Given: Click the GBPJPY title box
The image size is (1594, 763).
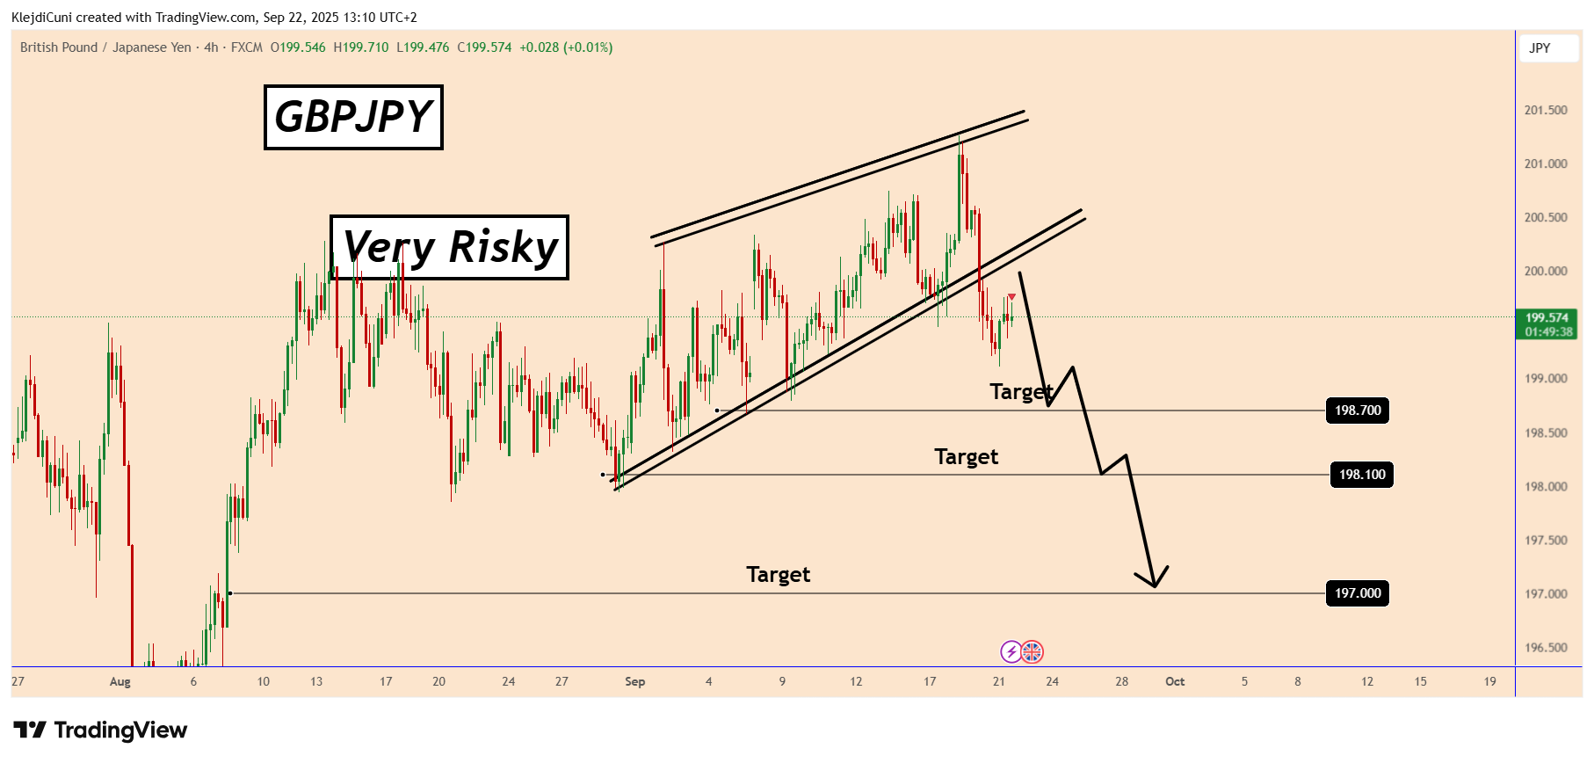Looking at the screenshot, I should (x=353, y=117).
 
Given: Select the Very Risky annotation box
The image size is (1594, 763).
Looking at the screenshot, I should (x=449, y=247).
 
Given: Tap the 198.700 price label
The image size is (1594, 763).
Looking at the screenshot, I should (x=1357, y=411).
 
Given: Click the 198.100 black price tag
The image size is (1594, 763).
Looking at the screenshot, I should (x=1361, y=475).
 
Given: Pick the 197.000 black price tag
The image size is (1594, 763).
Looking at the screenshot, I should (x=1357, y=593).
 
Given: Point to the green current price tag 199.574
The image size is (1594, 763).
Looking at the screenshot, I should (x=1547, y=324).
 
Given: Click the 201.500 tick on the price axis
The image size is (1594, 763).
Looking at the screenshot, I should (x=1546, y=110).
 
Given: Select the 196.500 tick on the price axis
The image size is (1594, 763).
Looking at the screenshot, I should (x=1546, y=648).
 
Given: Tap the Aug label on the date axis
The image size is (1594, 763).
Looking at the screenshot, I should (x=120, y=682).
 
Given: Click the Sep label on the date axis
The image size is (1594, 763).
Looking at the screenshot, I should (x=634, y=682).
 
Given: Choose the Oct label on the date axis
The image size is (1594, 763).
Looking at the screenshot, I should (x=1175, y=682).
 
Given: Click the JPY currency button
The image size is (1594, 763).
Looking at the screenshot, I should (x=1540, y=48).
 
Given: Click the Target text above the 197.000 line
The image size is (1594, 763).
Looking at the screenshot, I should (x=778, y=575).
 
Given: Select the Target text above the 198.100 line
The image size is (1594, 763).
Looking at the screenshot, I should (x=966, y=457).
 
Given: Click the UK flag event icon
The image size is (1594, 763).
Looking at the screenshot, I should (x=1032, y=652).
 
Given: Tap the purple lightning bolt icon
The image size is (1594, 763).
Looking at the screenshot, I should (x=1011, y=652).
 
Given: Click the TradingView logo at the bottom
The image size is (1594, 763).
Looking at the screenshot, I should (x=100, y=730).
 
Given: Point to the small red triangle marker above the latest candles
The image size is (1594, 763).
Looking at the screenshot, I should (x=1011, y=297).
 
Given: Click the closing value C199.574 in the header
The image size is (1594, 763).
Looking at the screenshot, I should (x=484, y=47).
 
